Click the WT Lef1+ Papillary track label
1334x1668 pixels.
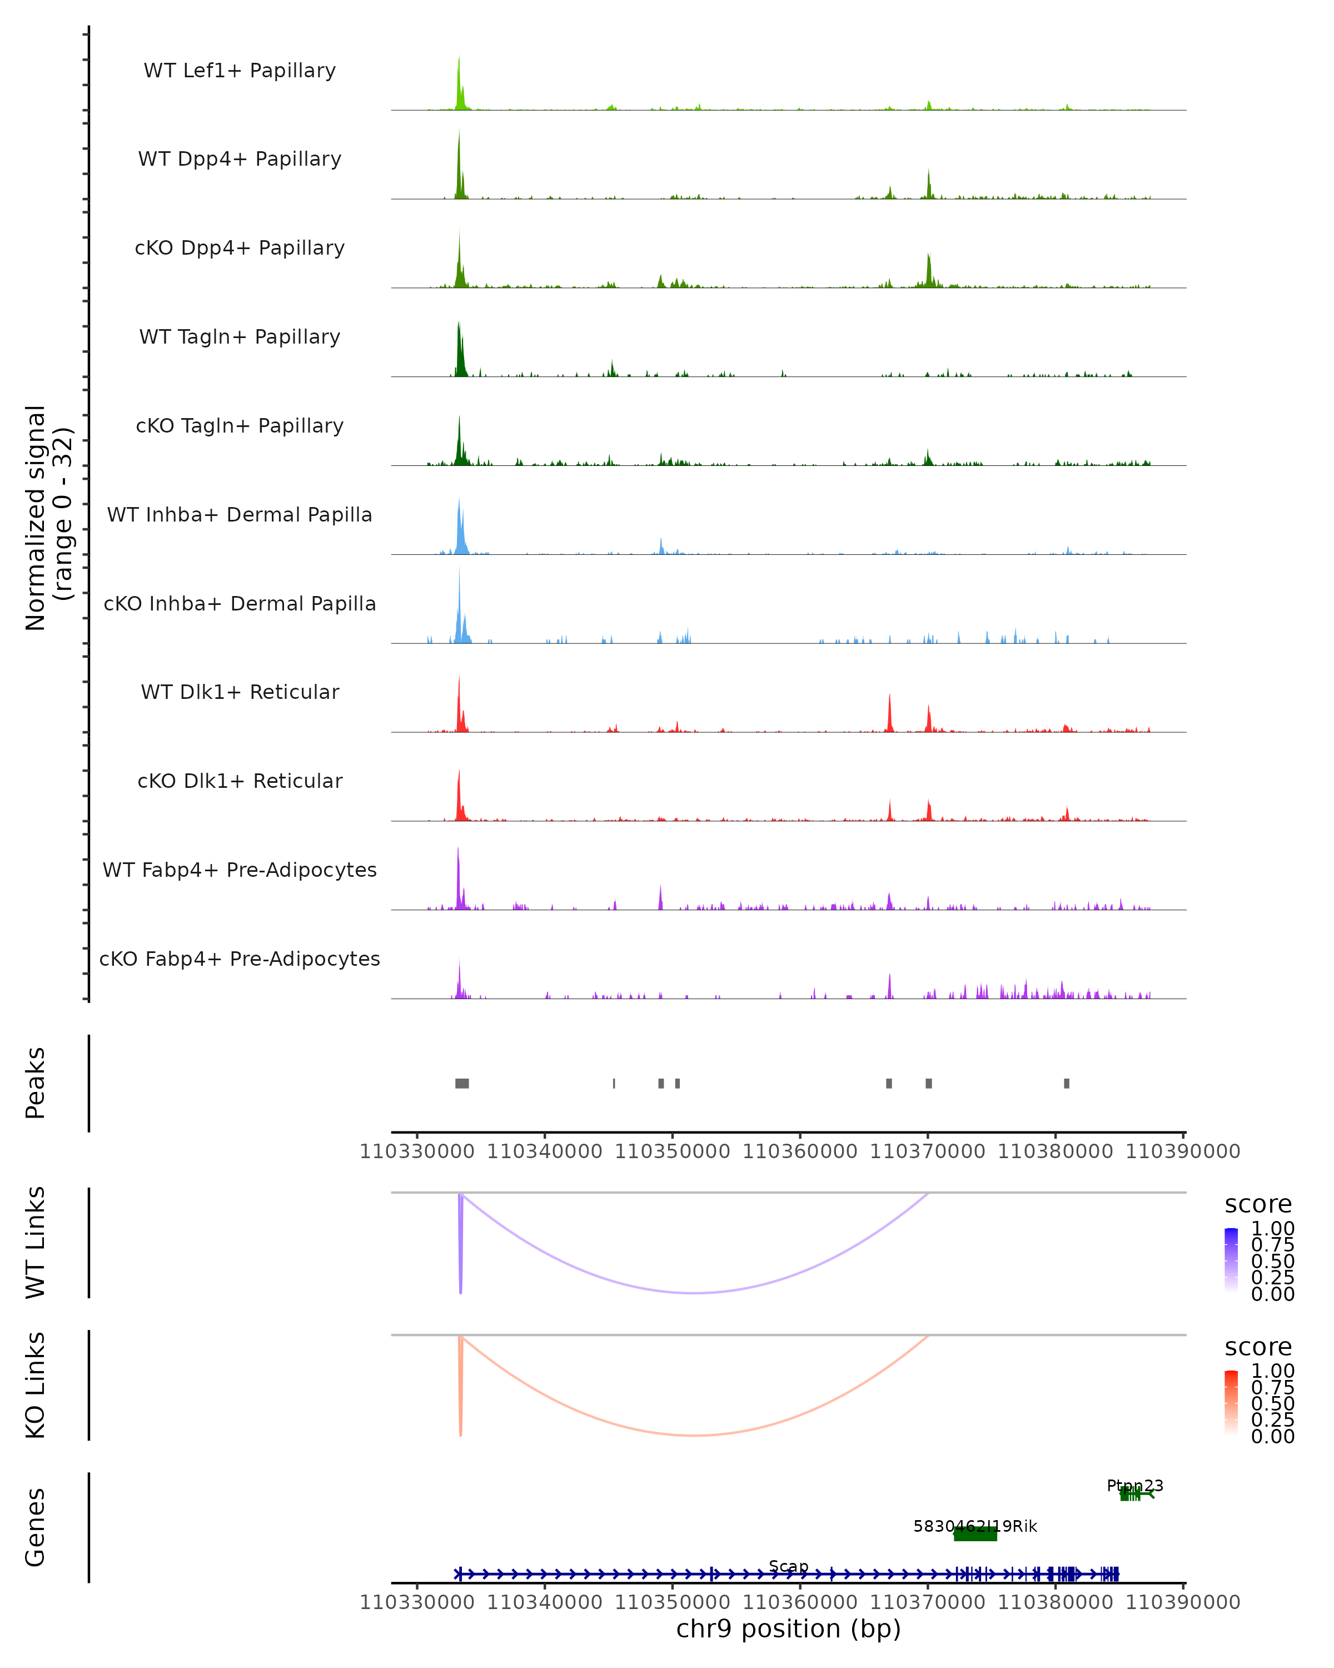click(240, 71)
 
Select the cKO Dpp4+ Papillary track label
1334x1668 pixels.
click(240, 249)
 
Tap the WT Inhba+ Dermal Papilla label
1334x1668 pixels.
click(240, 515)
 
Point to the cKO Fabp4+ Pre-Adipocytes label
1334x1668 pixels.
click(240, 959)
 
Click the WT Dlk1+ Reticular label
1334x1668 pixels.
click(240, 692)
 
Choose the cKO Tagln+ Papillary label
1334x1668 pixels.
click(240, 426)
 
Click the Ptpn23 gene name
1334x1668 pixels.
click(1134, 1486)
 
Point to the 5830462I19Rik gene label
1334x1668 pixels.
click(975, 1526)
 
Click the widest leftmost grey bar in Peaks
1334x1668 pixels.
click(462, 1083)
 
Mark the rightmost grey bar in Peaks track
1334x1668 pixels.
click(1067, 1083)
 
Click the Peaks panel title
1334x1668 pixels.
click(36, 1083)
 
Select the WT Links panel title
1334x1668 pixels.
click(36, 1243)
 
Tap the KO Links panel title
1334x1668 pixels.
click(36, 1386)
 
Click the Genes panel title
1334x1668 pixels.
click(36, 1527)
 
